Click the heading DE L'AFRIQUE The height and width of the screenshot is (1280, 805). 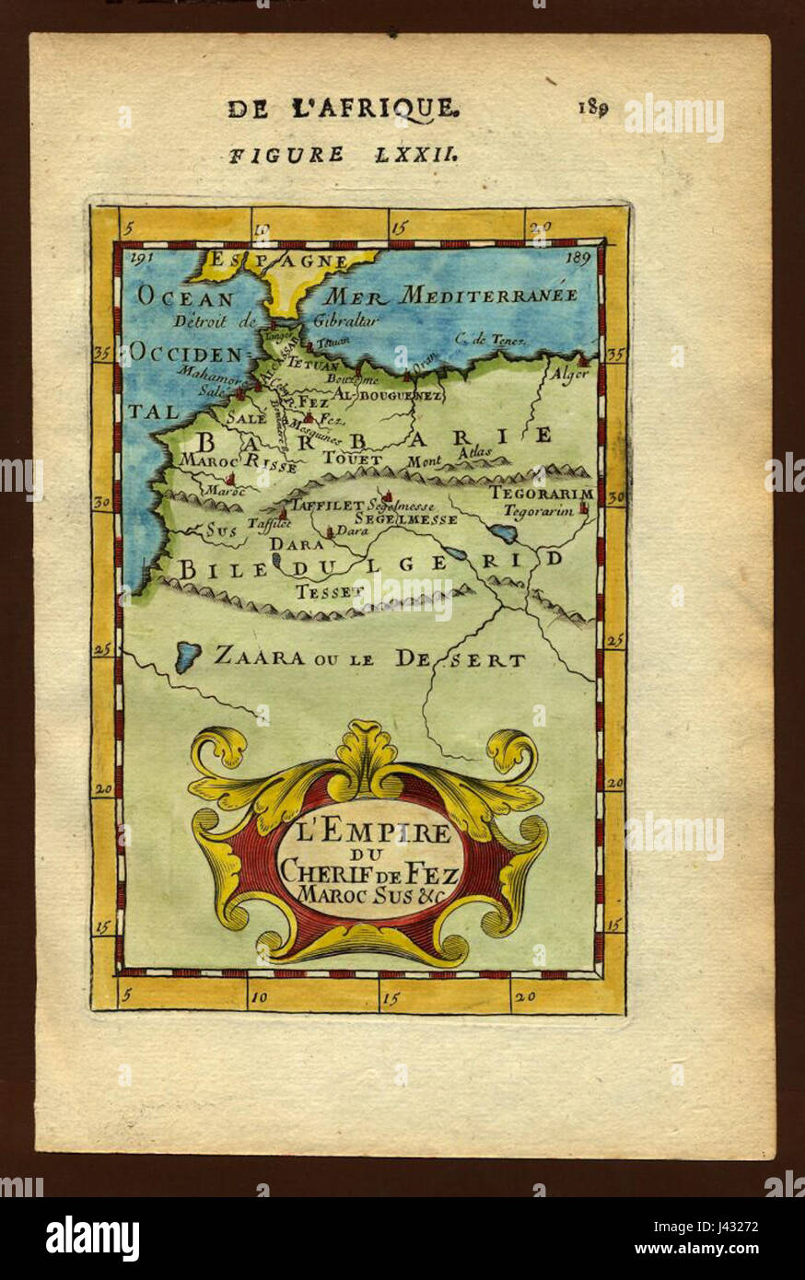click(x=343, y=109)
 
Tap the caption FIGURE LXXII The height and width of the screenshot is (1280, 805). click(x=343, y=155)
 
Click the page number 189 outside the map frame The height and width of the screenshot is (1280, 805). click(x=592, y=108)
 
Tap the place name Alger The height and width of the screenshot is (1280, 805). click(x=567, y=375)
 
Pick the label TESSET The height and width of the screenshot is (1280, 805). click(x=324, y=591)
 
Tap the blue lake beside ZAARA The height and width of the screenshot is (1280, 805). click(x=188, y=657)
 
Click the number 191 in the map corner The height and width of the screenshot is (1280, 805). click(x=141, y=259)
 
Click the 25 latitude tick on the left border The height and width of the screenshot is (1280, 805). click(x=102, y=649)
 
